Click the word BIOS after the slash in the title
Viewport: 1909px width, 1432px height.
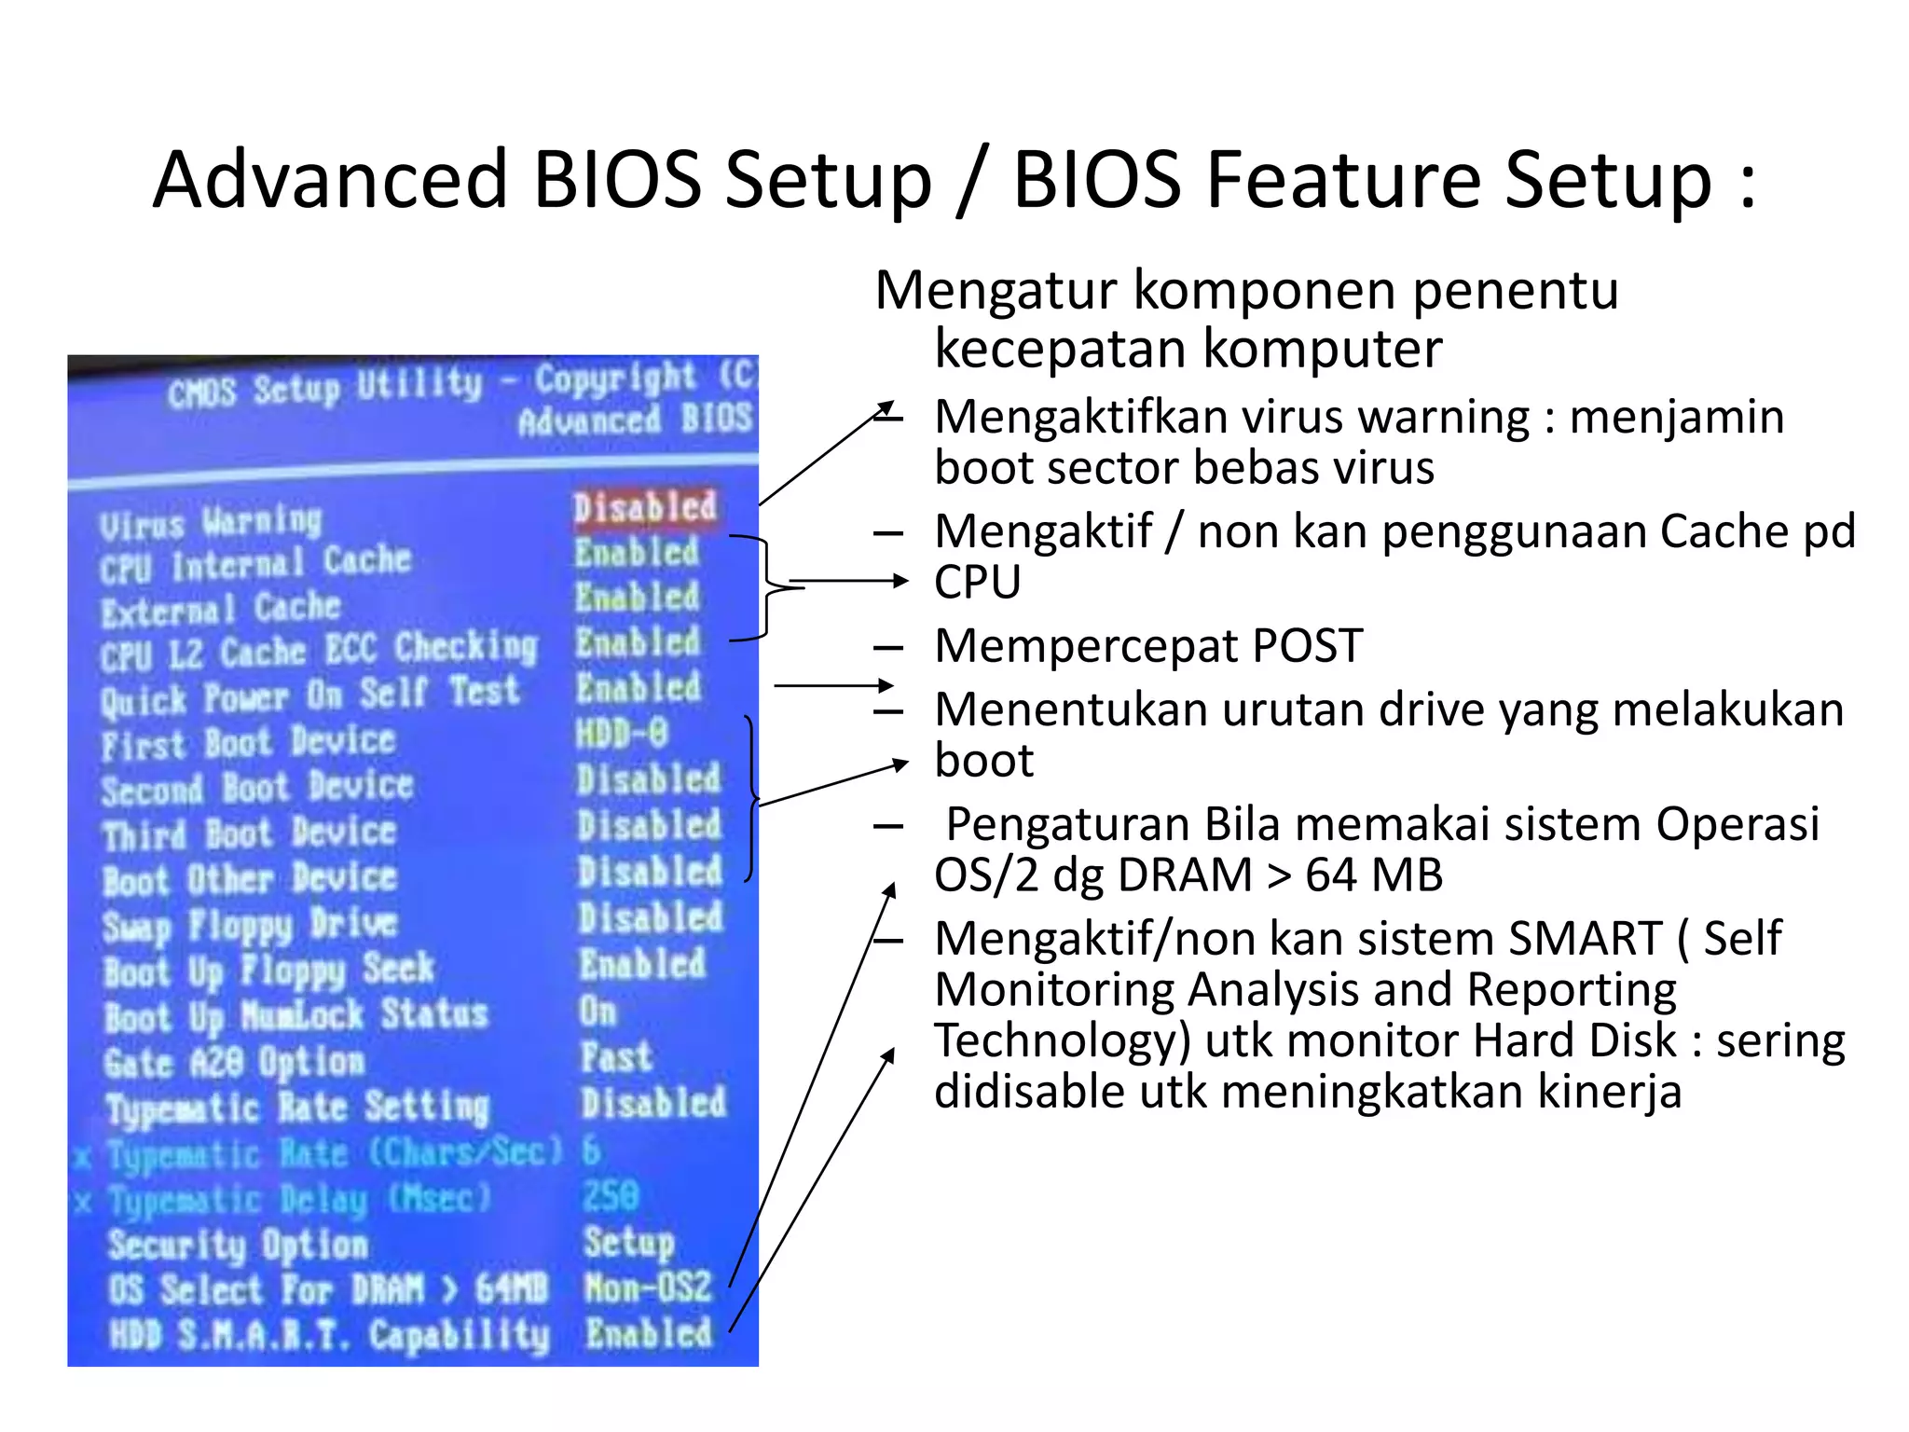pos(1098,179)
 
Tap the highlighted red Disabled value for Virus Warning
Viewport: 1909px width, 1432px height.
pos(645,508)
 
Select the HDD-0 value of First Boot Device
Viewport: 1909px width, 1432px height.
pos(622,734)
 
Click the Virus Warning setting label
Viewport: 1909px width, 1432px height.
pos(211,522)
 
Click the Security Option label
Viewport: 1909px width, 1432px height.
pos(238,1245)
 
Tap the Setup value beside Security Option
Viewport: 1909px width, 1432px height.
pos(628,1242)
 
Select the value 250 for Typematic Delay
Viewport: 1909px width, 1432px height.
pos(611,1196)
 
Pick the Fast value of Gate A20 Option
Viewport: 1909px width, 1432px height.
pos(615,1057)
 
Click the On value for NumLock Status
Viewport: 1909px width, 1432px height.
pos(597,1012)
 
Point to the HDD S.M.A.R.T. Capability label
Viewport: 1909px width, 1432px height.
pos(329,1335)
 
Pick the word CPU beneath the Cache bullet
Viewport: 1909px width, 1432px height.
pos(978,582)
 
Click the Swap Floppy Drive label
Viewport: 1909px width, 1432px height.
pos(250,925)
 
